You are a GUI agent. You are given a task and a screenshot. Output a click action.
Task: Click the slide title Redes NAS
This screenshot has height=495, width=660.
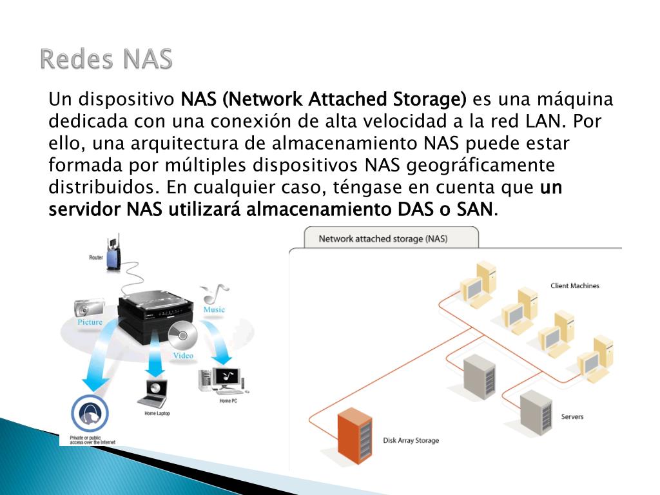(x=106, y=59)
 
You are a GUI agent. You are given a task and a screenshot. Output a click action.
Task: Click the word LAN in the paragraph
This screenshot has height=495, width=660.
(x=543, y=121)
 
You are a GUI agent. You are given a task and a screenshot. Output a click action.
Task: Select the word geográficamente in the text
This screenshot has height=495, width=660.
(x=481, y=166)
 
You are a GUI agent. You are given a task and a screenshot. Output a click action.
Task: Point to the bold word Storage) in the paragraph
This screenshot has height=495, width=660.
(x=430, y=100)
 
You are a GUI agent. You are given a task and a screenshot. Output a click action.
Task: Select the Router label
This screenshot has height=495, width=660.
(x=96, y=258)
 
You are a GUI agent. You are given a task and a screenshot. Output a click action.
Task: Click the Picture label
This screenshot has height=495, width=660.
(x=90, y=322)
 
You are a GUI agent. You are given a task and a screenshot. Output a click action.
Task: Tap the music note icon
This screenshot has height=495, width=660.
(x=215, y=293)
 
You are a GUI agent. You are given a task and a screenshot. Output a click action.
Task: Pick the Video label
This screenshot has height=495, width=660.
(x=183, y=356)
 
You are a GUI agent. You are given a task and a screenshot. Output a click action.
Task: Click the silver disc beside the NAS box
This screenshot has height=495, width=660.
(x=182, y=335)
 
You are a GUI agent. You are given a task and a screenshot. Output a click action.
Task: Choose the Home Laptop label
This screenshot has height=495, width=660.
(x=157, y=413)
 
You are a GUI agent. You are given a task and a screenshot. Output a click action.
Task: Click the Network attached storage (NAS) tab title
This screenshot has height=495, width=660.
(x=383, y=238)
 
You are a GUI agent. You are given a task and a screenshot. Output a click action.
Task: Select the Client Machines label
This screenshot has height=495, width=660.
(x=574, y=286)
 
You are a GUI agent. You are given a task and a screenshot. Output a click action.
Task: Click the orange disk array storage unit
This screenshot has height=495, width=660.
(x=355, y=435)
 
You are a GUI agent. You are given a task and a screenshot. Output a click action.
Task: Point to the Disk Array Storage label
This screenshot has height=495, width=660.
(x=411, y=440)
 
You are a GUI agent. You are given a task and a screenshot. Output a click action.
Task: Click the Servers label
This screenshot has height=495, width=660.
(x=572, y=417)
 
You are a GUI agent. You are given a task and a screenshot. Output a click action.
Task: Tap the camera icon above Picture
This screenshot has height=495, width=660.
(x=89, y=308)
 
